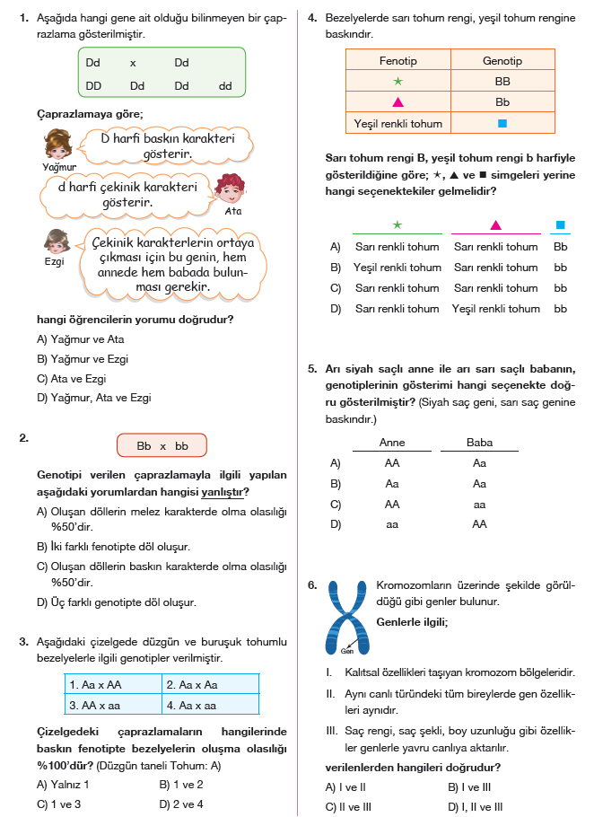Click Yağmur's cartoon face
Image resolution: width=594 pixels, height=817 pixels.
[x=57, y=145]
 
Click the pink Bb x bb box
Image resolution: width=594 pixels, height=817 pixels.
[x=162, y=445]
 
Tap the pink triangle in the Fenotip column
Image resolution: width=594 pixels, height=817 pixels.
[x=397, y=102]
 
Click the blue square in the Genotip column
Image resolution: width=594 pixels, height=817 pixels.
[x=502, y=123]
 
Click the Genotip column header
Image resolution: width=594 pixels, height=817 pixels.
[x=502, y=61]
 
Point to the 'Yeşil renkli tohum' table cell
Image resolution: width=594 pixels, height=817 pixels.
[x=397, y=123]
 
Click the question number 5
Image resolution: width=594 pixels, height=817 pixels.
[x=311, y=368]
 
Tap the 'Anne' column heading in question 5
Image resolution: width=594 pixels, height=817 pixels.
[x=392, y=443]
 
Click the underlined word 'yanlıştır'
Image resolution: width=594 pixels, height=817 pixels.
[x=225, y=492]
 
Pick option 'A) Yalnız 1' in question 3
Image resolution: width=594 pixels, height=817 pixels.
[x=68, y=783]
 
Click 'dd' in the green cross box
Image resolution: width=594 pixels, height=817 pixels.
[x=225, y=86]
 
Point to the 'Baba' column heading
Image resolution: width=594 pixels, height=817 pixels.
[x=479, y=443]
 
